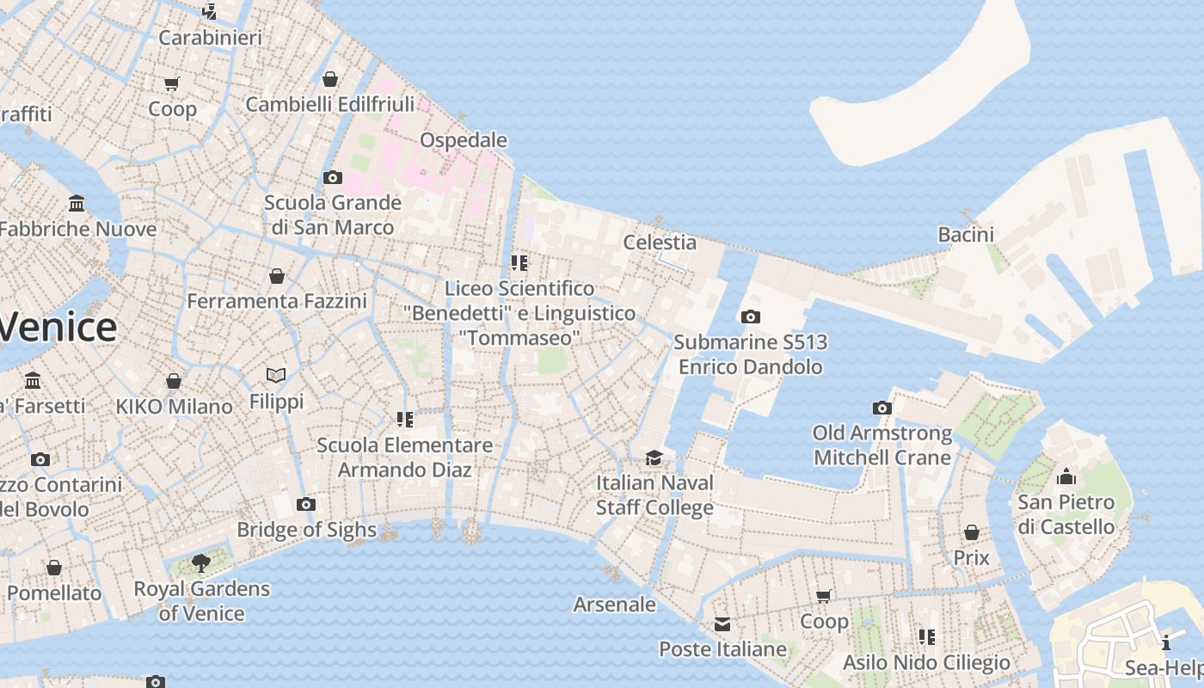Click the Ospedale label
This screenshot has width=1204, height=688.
463,140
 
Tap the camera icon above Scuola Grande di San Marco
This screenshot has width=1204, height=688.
332,178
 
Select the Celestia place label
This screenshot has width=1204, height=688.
660,243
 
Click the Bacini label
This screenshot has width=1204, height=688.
966,234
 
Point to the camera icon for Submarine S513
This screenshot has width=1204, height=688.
750,316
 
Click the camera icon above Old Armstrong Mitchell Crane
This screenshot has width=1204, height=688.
881,408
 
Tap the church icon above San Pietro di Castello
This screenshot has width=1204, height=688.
1066,476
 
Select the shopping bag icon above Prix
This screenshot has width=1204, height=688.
971,532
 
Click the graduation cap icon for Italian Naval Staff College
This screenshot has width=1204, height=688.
654,458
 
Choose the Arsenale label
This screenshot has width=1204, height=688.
614,605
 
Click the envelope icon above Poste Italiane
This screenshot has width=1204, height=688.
722,623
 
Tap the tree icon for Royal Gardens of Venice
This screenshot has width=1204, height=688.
201,563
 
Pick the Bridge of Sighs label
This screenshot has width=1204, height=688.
306,530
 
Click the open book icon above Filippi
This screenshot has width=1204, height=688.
276,375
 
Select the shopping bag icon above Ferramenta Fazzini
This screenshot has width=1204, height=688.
276,276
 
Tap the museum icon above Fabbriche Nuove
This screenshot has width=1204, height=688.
77,204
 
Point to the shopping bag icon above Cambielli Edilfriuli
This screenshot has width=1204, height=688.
329,79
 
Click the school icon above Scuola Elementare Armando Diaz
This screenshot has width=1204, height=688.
404,420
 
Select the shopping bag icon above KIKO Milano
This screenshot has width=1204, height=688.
174,381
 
